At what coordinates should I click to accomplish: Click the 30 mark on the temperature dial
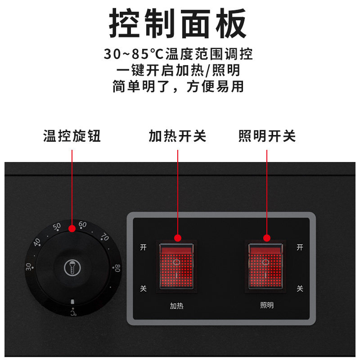[28, 266]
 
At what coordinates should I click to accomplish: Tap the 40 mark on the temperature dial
[37, 242]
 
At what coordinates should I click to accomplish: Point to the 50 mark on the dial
[57, 227]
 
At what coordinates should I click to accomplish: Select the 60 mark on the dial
[82, 225]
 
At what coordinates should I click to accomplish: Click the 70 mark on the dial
[105, 237]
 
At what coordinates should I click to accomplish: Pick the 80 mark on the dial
[117, 268]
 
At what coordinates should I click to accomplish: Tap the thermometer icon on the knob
[72, 268]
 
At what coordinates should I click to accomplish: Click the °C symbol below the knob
[73, 313]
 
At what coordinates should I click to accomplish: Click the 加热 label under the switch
[176, 306]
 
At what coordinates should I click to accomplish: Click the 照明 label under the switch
[267, 306]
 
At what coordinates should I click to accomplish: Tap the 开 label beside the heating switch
[143, 247]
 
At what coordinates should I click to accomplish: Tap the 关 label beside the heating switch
[143, 288]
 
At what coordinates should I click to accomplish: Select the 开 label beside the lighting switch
[300, 247]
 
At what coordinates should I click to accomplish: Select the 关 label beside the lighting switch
[300, 288]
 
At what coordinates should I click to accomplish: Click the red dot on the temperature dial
[72, 229]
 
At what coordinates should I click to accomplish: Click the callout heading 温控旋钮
[72, 136]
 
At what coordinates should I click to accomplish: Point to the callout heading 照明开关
[267, 136]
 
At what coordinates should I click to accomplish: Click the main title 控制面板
[178, 23]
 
